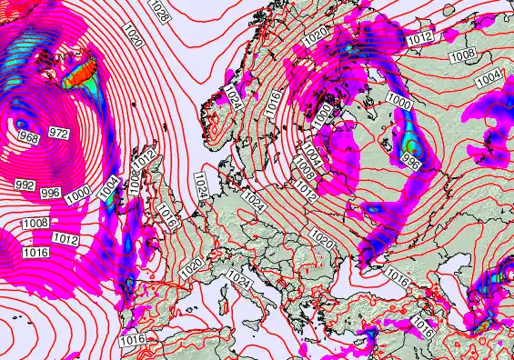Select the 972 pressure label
[58, 134]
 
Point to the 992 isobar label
[25, 185]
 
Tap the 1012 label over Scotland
[151, 162]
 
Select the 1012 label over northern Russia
[420, 38]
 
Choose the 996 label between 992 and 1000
[51, 193]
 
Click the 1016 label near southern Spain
[133, 339]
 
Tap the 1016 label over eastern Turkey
[421, 323]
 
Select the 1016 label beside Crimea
[397, 275]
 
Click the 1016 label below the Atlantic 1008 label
[35, 252]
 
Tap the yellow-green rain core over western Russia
[414, 145]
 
